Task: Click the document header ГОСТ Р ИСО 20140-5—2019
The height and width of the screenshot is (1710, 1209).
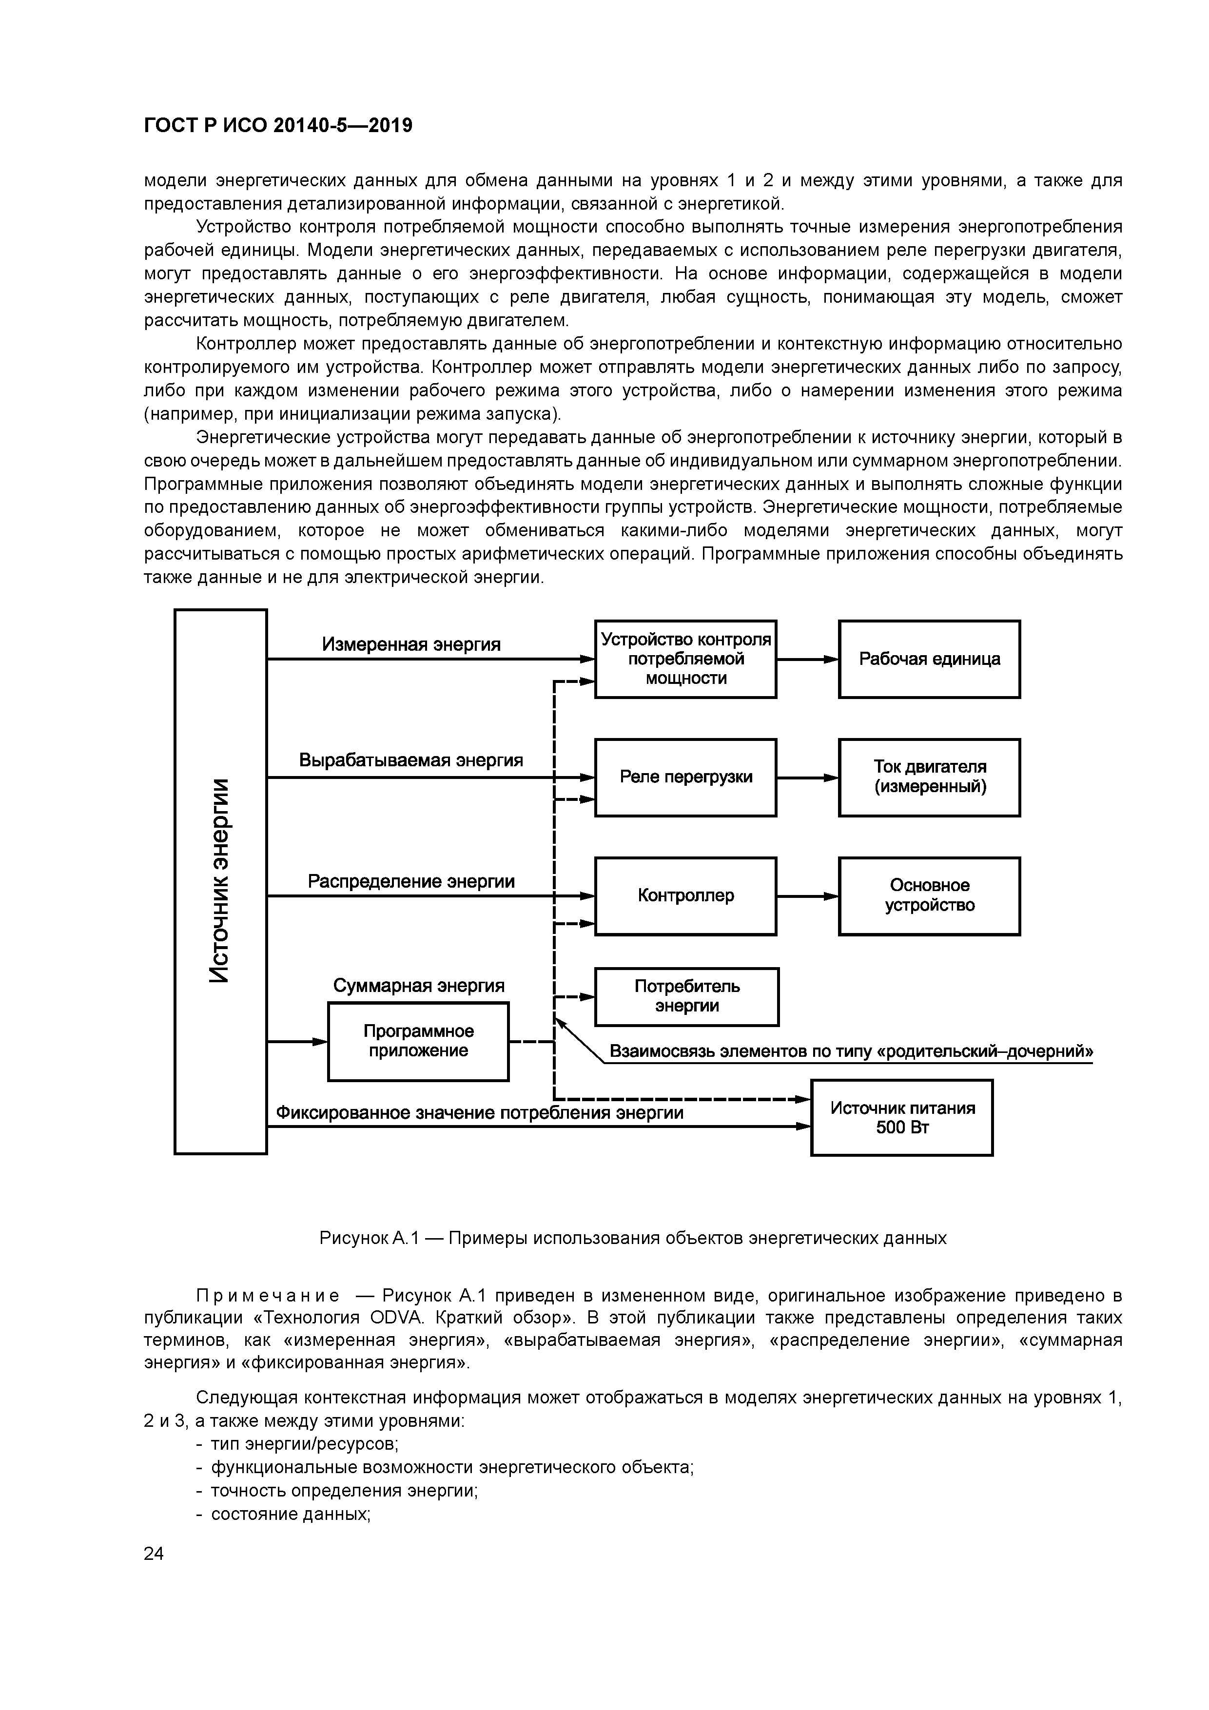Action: click(x=278, y=126)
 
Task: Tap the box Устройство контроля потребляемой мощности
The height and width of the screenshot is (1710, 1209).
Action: click(x=685, y=659)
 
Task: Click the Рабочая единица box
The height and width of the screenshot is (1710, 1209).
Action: click(x=929, y=659)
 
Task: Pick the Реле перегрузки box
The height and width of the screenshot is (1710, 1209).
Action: click(x=685, y=777)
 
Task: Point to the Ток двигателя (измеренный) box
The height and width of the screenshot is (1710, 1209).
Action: click(x=929, y=777)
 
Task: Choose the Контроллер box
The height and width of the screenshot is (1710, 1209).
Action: click(x=685, y=896)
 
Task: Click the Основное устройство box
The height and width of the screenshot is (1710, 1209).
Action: click(x=929, y=896)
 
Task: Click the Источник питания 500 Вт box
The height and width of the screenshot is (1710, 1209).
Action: click(x=901, y=1117)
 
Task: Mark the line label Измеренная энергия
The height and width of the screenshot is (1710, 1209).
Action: click(x=411, y=644)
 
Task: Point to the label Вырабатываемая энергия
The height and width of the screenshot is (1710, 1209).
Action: click(x=411, y=760)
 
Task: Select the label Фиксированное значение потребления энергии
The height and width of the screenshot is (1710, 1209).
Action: click(x=480, y=1113)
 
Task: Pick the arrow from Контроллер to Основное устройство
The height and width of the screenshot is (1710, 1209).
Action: click(x=807, y=897)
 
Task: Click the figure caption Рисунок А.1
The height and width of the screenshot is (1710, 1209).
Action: click(x=632, y=1238)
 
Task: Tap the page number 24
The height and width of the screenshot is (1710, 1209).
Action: click(x=154, y=1554)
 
